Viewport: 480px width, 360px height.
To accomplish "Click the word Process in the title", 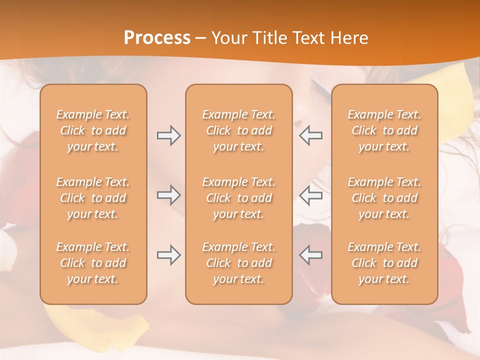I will click(x=157, y=38).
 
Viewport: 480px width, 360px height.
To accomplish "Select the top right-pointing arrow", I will click(x=168, y=135).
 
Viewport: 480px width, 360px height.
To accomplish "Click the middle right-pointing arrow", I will click(x=168, y=195).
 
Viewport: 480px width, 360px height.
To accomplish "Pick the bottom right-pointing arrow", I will click(x=168, y=255).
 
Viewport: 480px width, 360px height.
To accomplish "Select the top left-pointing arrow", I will click(x=310, y=135).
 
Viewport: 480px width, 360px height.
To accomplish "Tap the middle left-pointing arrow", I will click(x=310, y=195).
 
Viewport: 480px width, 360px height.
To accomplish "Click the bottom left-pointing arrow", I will click(x=310, y=255).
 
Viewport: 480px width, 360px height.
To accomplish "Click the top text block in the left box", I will click(x=93, y=130).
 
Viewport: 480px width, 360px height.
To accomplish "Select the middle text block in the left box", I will click(x=93, y=198).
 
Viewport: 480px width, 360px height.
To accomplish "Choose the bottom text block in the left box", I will click(x=93, y=263).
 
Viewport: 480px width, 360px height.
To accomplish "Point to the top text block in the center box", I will click(x=238, y=130).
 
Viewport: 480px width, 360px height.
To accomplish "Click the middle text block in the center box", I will click(x=238, y=198).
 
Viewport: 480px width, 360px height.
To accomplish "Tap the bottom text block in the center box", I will click(x=238, y=263).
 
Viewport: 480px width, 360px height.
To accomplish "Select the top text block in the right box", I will click(x=384, y=130).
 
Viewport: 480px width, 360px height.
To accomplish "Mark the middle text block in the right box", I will click(x=384, y=198).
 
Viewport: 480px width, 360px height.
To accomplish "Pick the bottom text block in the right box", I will click(x=384, y=263).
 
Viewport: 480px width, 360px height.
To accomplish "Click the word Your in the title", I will click(x=227, y=38).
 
